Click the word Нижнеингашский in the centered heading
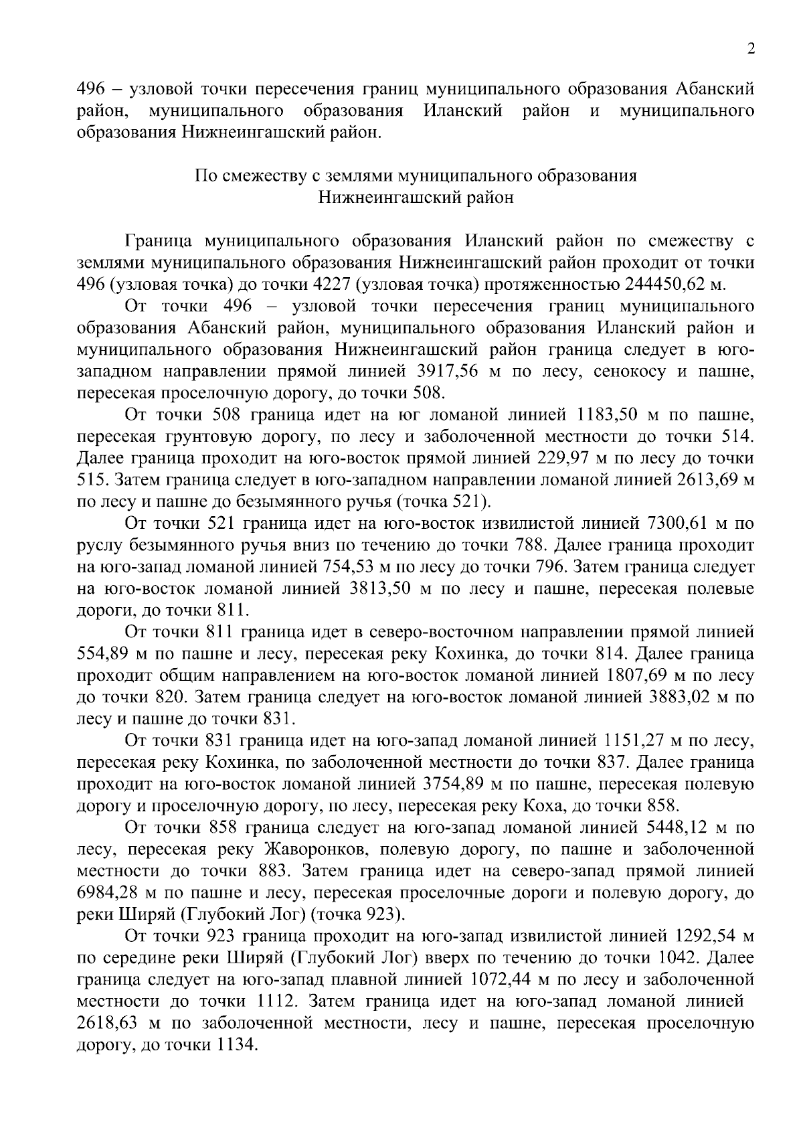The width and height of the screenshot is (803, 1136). pos(381,197)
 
